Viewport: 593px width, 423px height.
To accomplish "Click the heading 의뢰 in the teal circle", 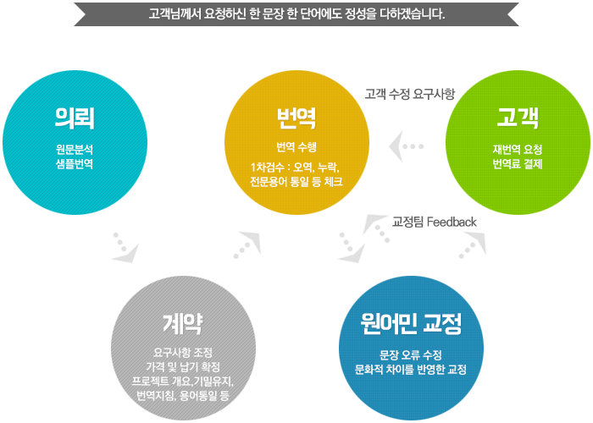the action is (75, 118).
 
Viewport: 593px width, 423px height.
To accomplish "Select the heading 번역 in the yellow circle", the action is (296, 118).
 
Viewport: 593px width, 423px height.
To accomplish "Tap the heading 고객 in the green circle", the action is (518, 118).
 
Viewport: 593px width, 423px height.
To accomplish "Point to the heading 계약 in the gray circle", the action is (183, 324).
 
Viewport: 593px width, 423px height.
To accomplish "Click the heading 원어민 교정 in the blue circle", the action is (411, 324).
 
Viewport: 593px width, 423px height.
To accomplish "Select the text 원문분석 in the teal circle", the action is (75, 150).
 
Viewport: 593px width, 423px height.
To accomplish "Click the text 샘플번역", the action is (75, 164).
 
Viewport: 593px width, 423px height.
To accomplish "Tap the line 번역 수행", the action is (296, 147).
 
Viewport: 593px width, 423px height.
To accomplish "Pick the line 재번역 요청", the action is (518, 150).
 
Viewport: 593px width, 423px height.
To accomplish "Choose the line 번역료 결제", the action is (518, 164).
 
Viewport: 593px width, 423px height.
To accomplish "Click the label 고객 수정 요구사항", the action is (410, 94).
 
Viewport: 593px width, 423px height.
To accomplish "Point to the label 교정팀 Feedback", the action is (435, 222).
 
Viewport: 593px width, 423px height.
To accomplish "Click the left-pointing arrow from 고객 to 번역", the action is (406, 146).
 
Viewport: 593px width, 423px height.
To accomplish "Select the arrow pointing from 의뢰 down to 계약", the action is (125, 248).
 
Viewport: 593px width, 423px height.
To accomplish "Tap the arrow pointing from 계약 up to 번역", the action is (247, 245).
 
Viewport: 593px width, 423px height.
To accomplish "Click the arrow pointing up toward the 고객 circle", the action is (473, 245).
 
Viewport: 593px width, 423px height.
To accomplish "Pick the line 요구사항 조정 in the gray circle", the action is (183, 353).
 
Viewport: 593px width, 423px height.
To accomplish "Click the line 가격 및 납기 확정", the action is (183, 367).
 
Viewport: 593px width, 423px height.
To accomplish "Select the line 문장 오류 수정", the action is (411, 355).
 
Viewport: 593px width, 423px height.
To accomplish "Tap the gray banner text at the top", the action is (296, 14).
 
